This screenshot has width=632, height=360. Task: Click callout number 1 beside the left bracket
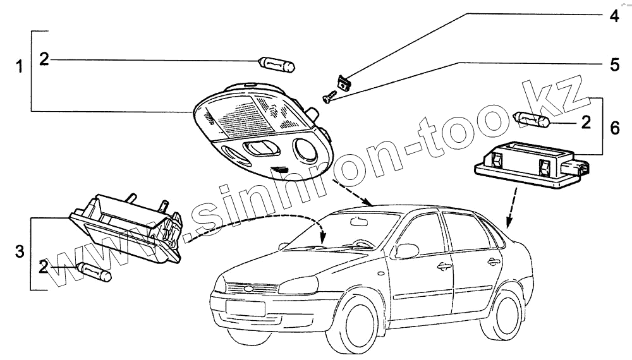tap(20, 66)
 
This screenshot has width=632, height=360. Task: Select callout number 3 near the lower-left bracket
tap(20, 253)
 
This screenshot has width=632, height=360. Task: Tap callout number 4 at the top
tap(614, 16)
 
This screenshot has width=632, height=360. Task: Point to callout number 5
tap(614, 64)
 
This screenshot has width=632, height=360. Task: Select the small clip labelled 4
tap(344, 83)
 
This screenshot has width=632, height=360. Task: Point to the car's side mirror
tap(406, 251)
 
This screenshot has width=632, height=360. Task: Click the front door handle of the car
tap(444, 266)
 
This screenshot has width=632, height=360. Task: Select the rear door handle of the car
tap(493, 261)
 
